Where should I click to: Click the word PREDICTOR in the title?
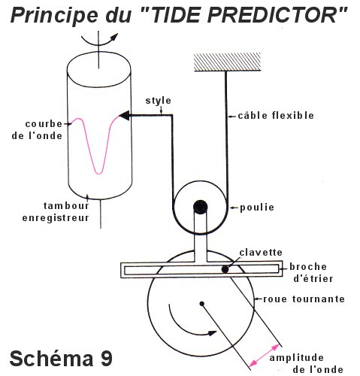pyautogui.click(x=276, y=15)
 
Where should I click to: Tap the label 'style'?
pyautogui.click(x=159, y=101)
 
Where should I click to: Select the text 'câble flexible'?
pyautogui.click(x=276, y=115)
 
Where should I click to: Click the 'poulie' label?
pyautogui.click(x=257, y=208)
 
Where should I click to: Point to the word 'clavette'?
pyautogui.click(x=261, y=252)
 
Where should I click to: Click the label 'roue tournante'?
pyautogui.click(x=304, y=299)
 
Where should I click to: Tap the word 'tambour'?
pyautogui.click(x=66, y=205)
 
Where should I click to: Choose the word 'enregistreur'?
pyautogui.click(x=56, y=218)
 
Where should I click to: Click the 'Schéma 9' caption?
pyautogui.click(x=61, y=359)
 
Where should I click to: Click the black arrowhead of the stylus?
pyautogui.click(x=124, y=116)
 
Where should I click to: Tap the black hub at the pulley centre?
pyautogui.click(x=201, y=208)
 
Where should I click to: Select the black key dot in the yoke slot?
pyautogui.click(x=225, y=269)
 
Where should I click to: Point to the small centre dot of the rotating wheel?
pyautogui.click(x=202, y=304)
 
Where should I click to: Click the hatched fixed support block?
pyautogui.click(x=228, y=62)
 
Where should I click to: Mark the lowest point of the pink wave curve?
pyautogui.click(x=99, y=174)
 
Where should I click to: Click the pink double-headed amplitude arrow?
pyautogui.click(x=265, y=355)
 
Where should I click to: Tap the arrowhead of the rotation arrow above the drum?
pyautogui.click(x=114, y=37)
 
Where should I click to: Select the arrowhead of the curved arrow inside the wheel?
pyautogui.click(x=212, y=333)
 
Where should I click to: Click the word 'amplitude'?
pyautogui.click(x=297, y=358)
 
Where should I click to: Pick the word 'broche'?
pyautogui.click(x=308, y=266)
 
